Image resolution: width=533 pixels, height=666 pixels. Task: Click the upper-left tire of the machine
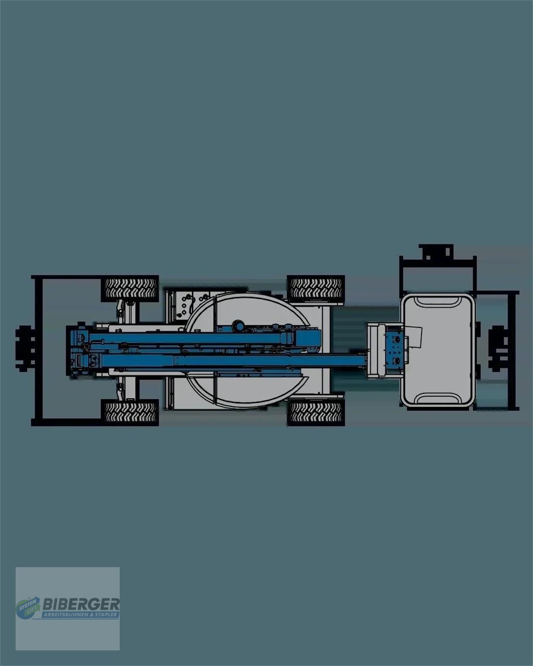[130, 288]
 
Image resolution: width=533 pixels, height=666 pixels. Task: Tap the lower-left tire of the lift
[130, 413]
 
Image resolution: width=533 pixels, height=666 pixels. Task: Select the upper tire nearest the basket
[315, 288]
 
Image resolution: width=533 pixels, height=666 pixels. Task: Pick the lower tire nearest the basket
[315, 413]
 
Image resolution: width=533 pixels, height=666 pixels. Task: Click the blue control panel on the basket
[395, 350]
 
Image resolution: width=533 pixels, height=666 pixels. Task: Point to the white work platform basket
[437, 350]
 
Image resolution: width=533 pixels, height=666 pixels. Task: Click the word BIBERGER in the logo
[81, 604]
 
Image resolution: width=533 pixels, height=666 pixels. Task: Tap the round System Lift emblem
[27, 608]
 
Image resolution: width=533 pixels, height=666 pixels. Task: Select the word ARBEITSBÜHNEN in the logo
[65, 614]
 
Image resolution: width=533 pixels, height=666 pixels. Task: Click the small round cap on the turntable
[238, 325]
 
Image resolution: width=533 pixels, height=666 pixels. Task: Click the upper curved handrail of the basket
[437, 301]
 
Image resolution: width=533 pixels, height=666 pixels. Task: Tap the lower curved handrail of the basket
[437, 400]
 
